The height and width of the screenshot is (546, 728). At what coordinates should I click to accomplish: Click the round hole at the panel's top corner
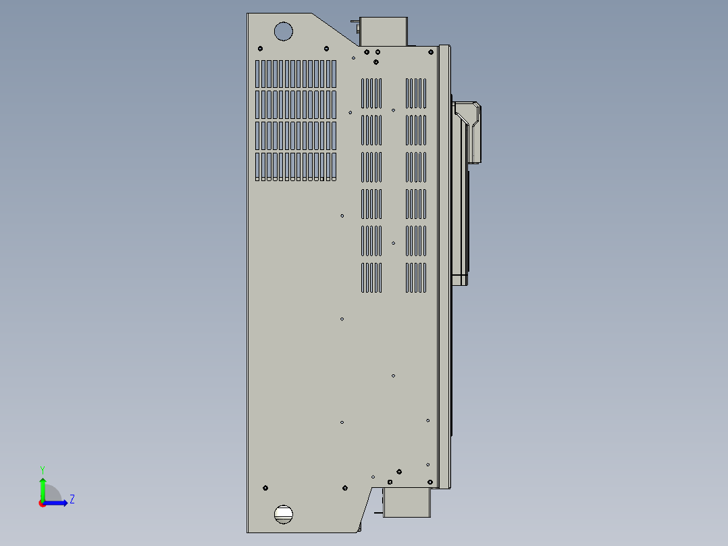(x=283, y=31)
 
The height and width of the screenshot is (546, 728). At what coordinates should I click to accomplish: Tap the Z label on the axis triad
(x=72, y=499)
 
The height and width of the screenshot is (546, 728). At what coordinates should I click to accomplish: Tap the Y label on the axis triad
(x=42, y=469)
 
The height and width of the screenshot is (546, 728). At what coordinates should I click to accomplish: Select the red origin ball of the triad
(x=42, y=503)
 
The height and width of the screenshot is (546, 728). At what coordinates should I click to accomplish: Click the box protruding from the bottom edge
(x=407, y=503)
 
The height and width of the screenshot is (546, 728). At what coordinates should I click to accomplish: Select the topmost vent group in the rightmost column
(x=416, y=93)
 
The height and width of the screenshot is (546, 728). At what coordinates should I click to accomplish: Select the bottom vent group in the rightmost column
(x=416, y=278)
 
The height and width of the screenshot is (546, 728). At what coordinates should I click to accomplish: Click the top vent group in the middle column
(x=371, y=93)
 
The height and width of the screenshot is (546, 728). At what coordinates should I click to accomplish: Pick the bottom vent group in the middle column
(x=371, y=278)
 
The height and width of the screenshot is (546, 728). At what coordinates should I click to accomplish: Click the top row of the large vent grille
(x=296, y=74)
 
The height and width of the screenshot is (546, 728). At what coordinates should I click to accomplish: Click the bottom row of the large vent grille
(x=296, y=166)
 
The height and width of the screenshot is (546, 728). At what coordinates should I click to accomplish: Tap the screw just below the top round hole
(x=261, y=49)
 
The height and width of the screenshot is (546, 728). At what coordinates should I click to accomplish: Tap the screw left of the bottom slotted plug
(x=265, y=488)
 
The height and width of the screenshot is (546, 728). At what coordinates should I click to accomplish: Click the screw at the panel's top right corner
(x=430, y=51)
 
